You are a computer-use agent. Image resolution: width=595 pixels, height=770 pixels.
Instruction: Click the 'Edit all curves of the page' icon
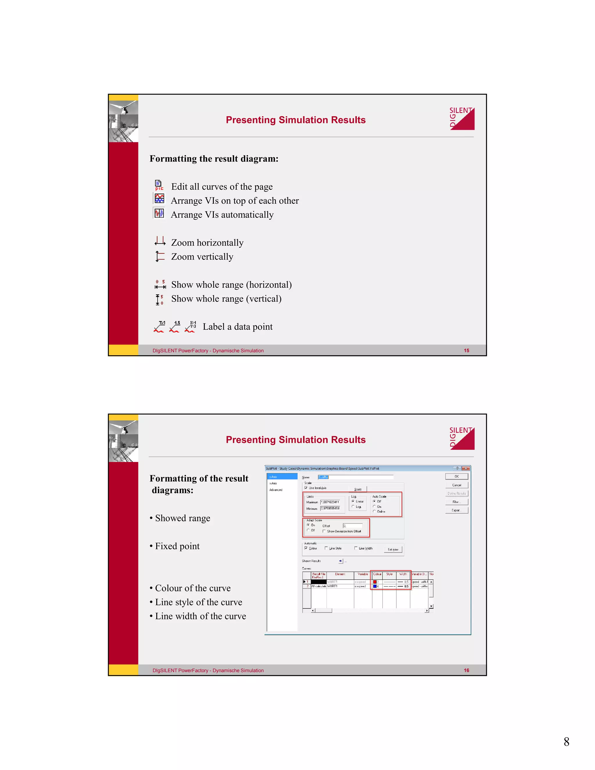click(159, 185)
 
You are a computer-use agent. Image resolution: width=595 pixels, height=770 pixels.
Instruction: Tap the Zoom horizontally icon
click(160, 241)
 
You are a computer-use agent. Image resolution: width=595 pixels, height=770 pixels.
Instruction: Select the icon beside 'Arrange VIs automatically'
click(159, 213)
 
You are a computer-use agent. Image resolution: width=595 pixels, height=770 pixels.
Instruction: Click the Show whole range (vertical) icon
click(159, 299)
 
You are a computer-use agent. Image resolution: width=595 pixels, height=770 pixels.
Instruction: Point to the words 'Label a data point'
click(237, 327)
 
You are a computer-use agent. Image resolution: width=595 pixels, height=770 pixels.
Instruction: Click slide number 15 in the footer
click(466, 350)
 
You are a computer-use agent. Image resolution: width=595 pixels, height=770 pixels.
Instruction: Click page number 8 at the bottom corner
click(566, 742)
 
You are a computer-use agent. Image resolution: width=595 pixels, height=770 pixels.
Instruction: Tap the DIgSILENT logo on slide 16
click(462, 438)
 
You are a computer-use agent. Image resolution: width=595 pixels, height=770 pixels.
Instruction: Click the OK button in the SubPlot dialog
click(456, 476)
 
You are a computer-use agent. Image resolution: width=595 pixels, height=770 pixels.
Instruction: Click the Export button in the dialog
click(456, 510)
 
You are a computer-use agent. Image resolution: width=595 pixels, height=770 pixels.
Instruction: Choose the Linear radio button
click(353, 501)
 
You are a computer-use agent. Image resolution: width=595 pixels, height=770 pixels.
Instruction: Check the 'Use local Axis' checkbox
click(306, 488)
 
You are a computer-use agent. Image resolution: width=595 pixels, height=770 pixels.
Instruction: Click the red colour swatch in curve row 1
click(375, 582)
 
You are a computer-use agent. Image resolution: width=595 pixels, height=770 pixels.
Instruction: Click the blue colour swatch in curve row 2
click(375, 586)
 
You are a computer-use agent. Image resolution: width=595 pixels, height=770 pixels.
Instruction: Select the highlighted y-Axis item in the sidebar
click(282, 477)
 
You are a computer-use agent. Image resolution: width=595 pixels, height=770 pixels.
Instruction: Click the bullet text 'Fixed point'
click(177, 546)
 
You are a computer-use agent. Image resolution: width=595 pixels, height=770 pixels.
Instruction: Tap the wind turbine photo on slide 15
click(123, 121)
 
